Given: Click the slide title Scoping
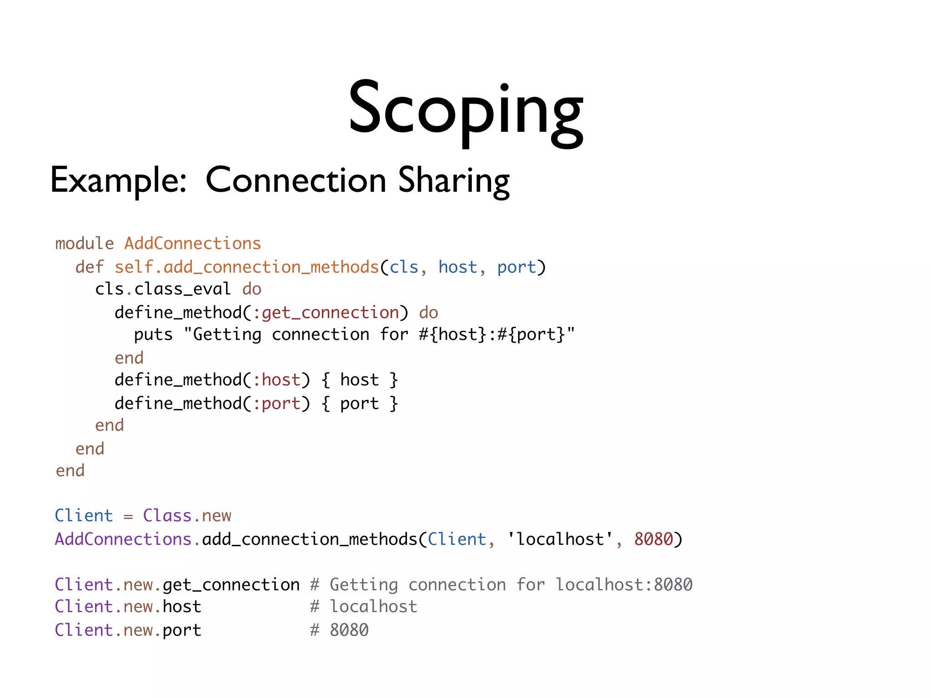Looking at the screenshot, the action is (465, 109).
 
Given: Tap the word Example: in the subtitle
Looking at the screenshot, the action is (118, 180).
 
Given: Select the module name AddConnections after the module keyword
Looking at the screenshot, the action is (193, 244).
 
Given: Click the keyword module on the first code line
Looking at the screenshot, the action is (85, 244).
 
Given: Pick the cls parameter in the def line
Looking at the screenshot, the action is (404, 267).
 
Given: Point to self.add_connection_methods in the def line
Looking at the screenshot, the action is (246, 267).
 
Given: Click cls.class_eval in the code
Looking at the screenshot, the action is (163, 289).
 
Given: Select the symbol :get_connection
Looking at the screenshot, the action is (325, 313).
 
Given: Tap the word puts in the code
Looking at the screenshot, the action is (153, 335).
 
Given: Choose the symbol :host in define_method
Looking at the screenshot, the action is (276, 380).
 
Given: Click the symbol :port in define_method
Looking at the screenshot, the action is (276, 404).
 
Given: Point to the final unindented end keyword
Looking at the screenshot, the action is (70, 471).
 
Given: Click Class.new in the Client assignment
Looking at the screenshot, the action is (187, 516).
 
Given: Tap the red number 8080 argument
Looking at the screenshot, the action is (653, 539).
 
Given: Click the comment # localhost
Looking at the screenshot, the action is (364, 607).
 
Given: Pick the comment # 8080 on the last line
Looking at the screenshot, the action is (339, 630).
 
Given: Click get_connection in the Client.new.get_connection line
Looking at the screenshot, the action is (231, 585).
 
